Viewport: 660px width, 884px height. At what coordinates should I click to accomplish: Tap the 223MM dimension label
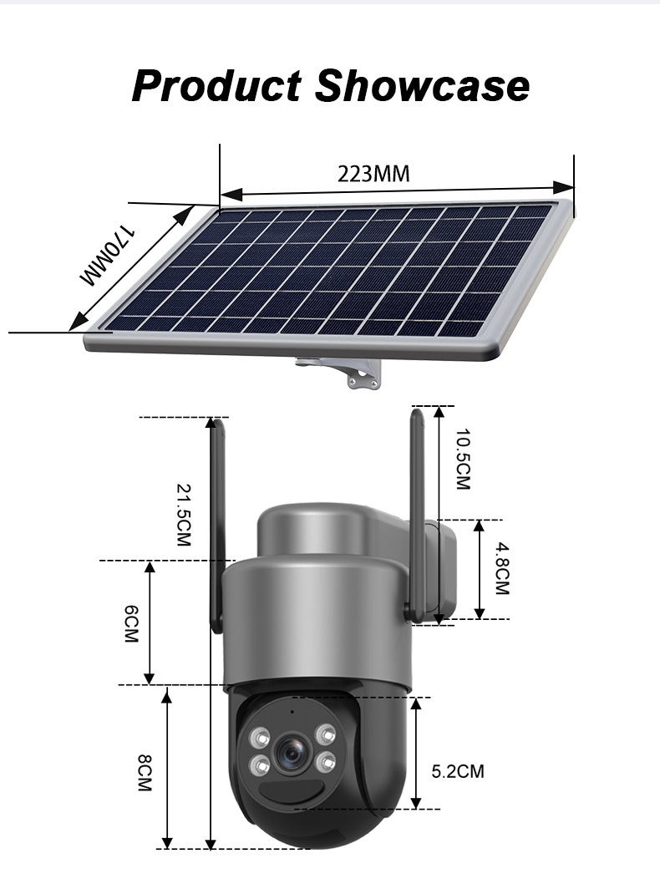tap(373, 174)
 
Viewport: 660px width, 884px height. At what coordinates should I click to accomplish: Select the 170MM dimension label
tap(108, 255)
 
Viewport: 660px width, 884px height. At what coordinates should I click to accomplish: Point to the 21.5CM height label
tap(184, 515)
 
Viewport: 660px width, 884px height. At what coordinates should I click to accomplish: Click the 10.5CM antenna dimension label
tap(462, 459)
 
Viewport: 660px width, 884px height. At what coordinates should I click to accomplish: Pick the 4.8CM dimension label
tap(501, 568)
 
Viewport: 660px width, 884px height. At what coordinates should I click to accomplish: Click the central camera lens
tap(292, 752)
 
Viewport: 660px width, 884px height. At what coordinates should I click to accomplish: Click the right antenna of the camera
tap(418, 510)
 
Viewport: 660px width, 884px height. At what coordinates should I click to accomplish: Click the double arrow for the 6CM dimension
tap(150, 622)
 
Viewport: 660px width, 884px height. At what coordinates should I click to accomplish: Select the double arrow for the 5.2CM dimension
tap(415, 752)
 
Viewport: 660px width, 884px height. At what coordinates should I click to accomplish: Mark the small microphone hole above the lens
tap(292, 712)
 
